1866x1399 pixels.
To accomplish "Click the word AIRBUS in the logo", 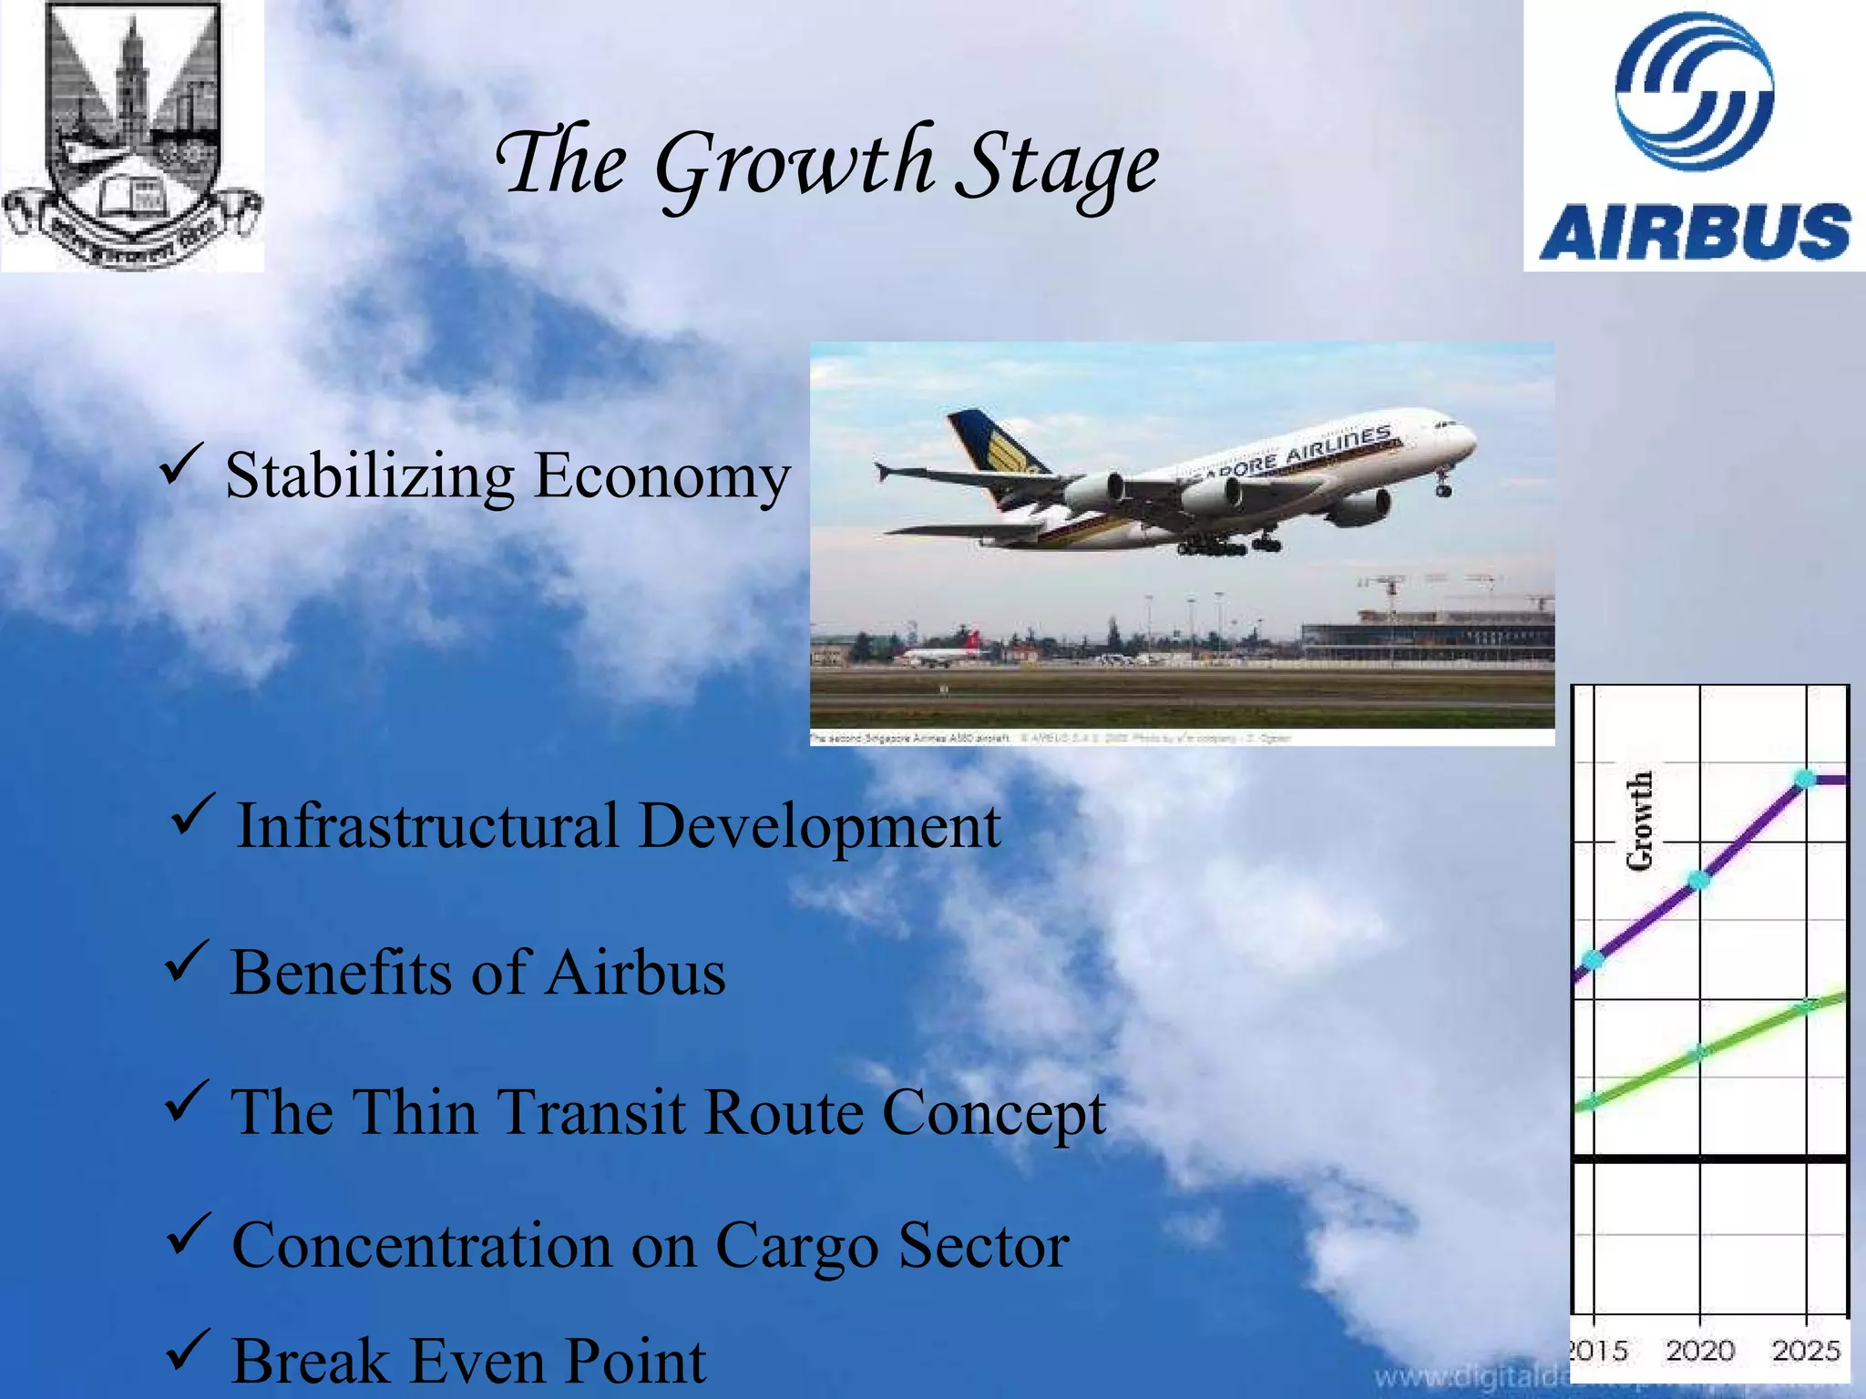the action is [x=1695, y=231].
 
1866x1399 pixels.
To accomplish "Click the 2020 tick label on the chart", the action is [x=1699, y=1350].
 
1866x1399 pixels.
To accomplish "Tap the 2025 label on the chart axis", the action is [x=1806, y=1350].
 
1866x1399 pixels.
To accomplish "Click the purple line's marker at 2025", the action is [x=1805, y=779].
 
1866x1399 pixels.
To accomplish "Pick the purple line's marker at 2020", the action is [x=1699, y=880].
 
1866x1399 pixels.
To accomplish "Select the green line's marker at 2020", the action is [x=1699, y=1052].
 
